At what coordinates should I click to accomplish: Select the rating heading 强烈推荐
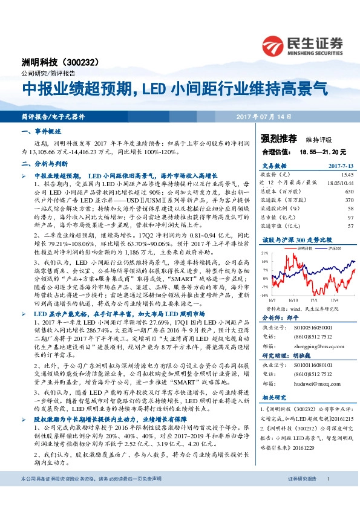click(x=277, y=138)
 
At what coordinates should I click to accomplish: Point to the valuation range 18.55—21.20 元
click(x=317, y=152)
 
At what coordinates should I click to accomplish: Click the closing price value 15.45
click(x=346, y=174)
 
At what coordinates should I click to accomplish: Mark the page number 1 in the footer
click(x=328, y=495)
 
